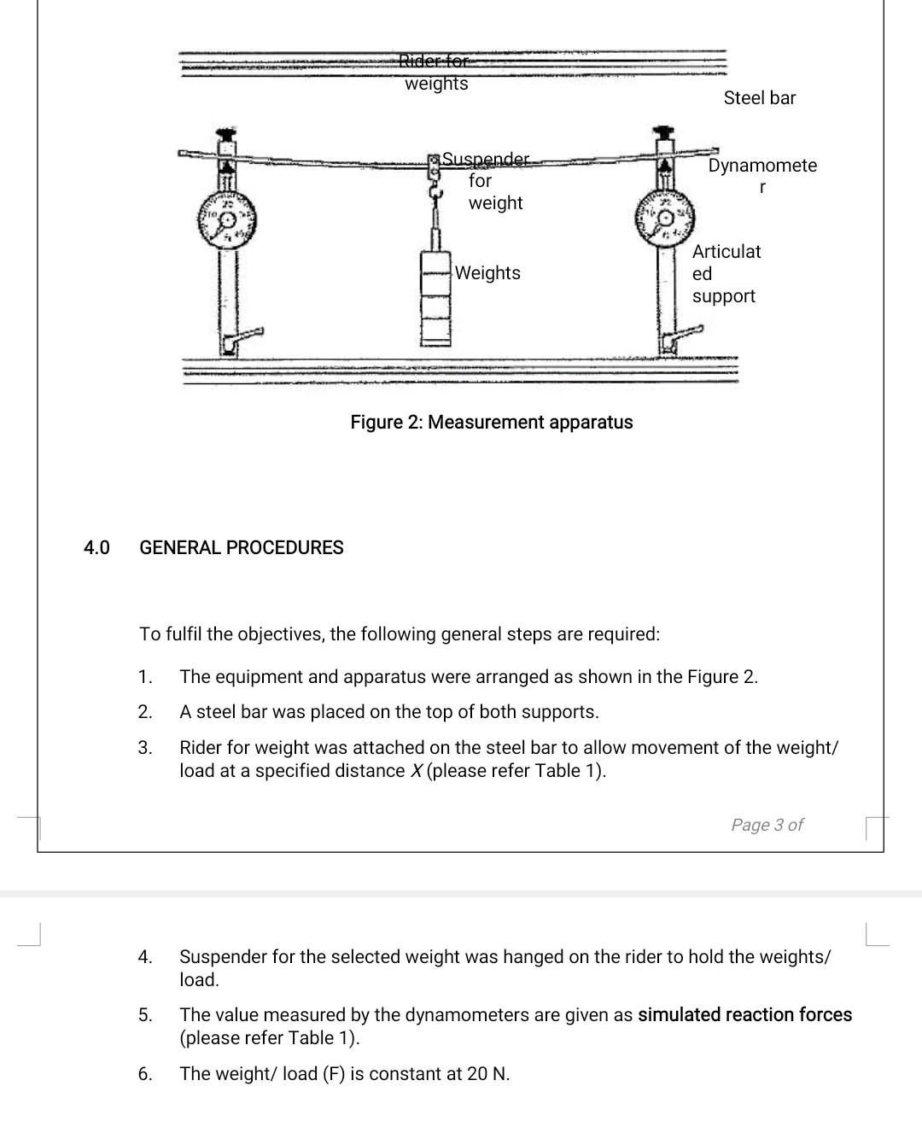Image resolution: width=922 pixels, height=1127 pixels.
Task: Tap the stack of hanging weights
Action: [x=436, y=296]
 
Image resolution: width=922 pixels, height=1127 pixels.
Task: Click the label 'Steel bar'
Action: [x=759, y=98]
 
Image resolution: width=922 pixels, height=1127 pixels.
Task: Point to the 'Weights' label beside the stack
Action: [x=487, y=273]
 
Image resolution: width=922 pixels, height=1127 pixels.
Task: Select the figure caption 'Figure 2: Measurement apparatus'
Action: [x=492, y=423]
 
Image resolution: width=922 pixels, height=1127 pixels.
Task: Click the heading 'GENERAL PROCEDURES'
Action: [x=242, y=548]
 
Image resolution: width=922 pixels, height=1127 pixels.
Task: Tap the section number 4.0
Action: [x=96, y=548]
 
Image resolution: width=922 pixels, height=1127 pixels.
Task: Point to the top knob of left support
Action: [x=227, y=135]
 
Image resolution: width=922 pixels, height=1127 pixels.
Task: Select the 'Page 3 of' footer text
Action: [x=767, y=825]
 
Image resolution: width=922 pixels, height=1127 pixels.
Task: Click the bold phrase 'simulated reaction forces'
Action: [x=744, y=1015]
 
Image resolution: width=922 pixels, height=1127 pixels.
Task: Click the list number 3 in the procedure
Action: [x=145, y=748]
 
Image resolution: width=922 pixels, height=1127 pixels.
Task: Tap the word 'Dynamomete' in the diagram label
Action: [x=762, y=166]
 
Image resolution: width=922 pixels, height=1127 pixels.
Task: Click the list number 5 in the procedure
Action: [x=145, y=1015]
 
